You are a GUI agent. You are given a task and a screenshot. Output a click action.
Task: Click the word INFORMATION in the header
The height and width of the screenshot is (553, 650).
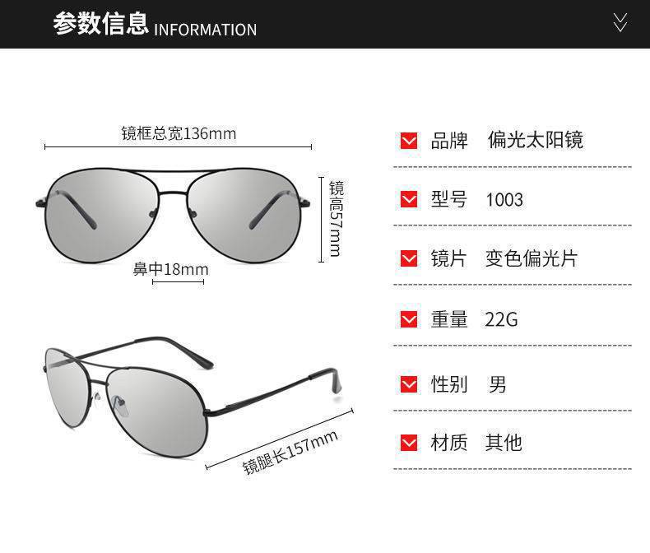205,30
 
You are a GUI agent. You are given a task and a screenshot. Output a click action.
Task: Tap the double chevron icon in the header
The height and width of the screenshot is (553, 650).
620,22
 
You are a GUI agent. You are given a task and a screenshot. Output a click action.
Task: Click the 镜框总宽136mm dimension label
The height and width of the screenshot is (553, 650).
179,133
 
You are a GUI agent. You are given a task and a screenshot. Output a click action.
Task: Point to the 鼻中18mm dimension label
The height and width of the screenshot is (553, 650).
171,269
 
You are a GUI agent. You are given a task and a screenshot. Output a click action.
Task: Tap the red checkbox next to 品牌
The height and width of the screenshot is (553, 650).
409,140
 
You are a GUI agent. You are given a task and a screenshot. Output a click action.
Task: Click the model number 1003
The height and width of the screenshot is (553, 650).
504,199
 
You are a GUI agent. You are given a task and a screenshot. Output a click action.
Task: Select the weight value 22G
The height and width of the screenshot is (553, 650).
501,319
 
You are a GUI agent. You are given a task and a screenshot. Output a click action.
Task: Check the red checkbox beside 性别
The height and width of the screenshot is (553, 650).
409,383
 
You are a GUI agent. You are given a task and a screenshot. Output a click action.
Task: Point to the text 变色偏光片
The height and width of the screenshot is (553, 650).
531,258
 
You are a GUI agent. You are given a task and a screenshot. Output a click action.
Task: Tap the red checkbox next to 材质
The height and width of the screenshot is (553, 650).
409,443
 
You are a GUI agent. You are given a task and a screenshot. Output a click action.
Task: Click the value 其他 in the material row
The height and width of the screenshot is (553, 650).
503,443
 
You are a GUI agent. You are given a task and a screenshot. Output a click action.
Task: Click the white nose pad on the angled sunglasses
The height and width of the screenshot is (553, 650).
119,406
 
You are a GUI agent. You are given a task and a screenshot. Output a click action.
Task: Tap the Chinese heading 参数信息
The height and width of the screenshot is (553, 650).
100,24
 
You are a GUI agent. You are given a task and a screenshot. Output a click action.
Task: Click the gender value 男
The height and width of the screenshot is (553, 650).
497,383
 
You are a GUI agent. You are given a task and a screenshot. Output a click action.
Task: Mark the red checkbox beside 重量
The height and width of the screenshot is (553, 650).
409,319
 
